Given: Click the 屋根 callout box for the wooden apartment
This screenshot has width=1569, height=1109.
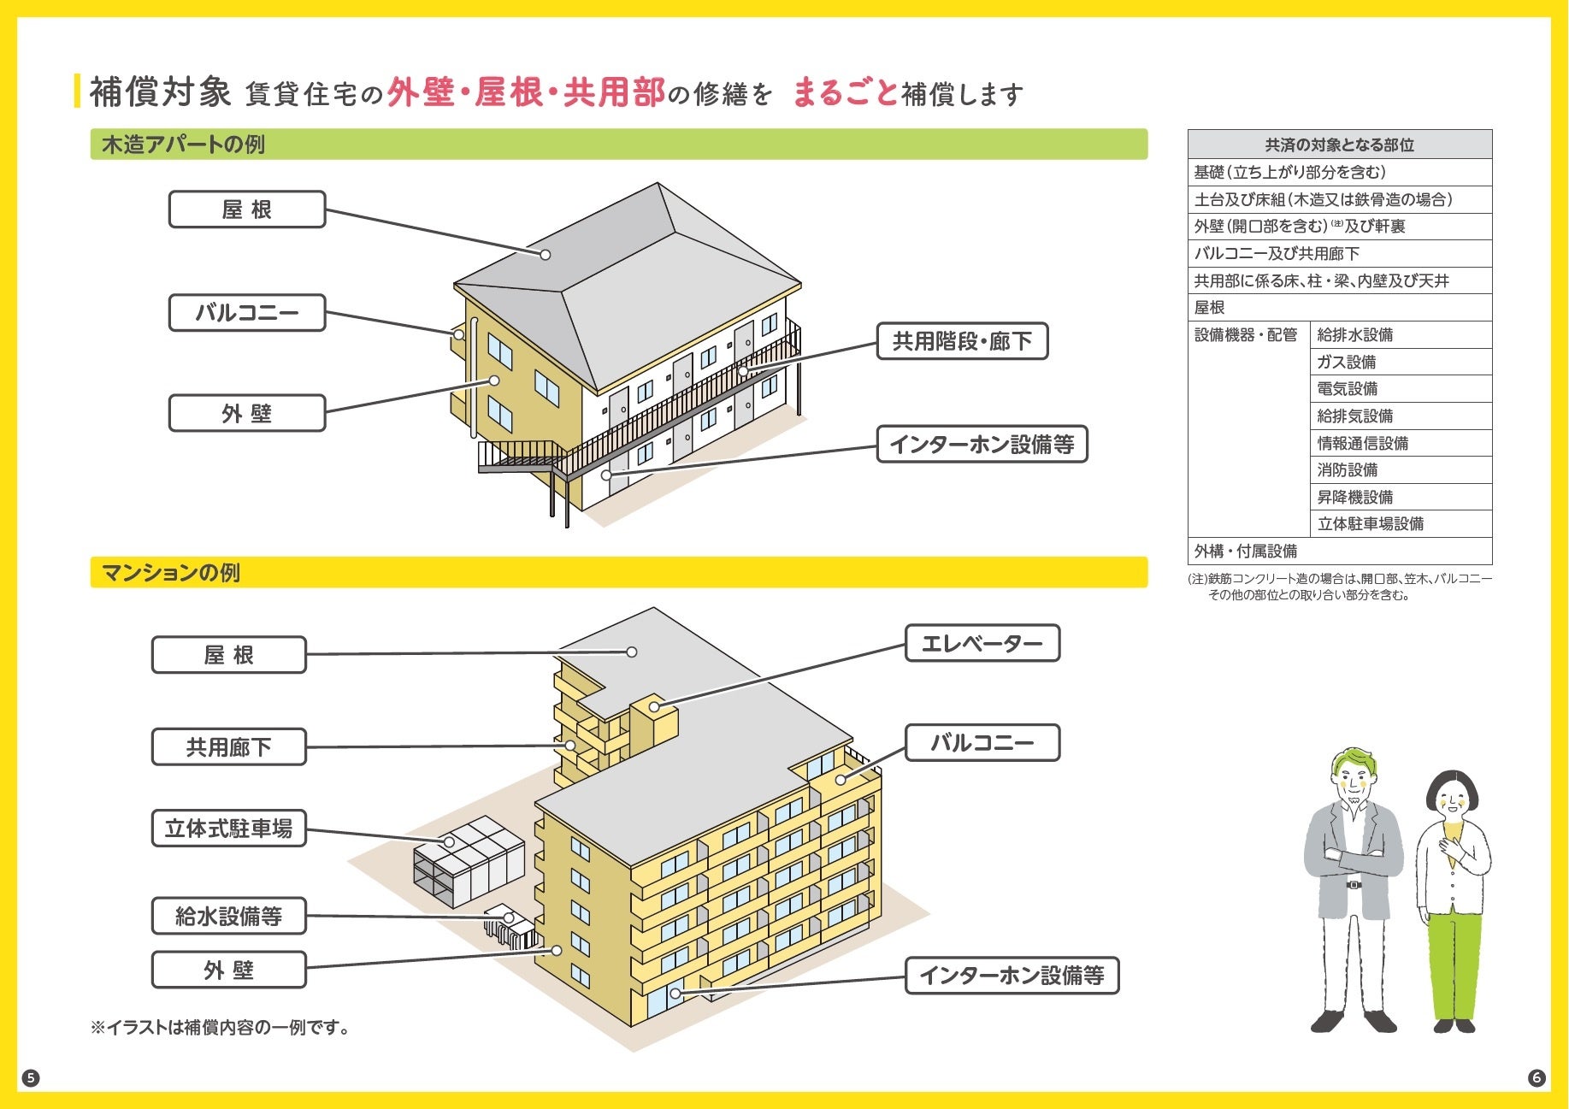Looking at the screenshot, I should coord(247,209).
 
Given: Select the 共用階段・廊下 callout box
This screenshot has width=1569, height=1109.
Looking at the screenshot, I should coord(962,341).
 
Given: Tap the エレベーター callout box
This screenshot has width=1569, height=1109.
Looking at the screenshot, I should coord(982,643).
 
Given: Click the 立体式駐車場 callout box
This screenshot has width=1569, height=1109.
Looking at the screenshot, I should coord(228,829).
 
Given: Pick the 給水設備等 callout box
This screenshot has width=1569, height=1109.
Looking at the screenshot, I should coord(228,916).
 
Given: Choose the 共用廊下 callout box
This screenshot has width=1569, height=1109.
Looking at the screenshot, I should coord(228,746).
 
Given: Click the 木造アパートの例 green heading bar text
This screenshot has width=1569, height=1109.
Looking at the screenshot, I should coord(183,145).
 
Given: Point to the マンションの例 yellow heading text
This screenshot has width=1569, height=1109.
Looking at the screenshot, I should coord(171,572).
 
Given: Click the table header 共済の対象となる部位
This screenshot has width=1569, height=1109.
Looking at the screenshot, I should coord(1339,145).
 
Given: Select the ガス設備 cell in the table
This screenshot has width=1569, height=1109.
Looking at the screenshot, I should coord(1347,362).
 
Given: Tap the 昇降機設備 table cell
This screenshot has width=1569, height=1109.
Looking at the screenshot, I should coord(1354,497).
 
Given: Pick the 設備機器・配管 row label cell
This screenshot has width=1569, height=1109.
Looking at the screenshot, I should coord(1246,335).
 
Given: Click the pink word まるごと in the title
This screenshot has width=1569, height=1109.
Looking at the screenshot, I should coord(845,92).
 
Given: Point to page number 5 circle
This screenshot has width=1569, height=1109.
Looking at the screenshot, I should coord(31,1077).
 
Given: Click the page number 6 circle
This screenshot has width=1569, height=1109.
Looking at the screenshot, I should coord(1537,1077).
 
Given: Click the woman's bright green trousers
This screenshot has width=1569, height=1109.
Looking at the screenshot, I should coord(1453,962).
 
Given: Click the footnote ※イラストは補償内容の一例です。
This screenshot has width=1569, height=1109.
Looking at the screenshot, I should coord(221,1027).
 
